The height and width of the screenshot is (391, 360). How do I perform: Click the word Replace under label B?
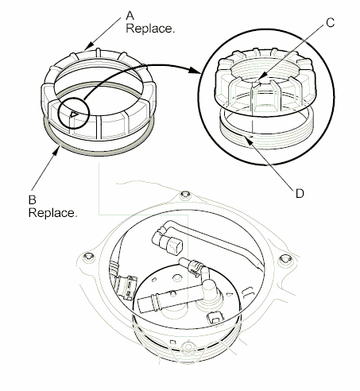pyautogui.click(x=52, y=215)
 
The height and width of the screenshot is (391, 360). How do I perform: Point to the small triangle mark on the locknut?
pyautogui.click(x=72, y=114)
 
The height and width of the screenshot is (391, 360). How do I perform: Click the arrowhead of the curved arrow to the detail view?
pyautogui.click(x=195, y=70)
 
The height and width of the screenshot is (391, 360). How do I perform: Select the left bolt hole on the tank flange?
pyautogui.click(x=86, y=256)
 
